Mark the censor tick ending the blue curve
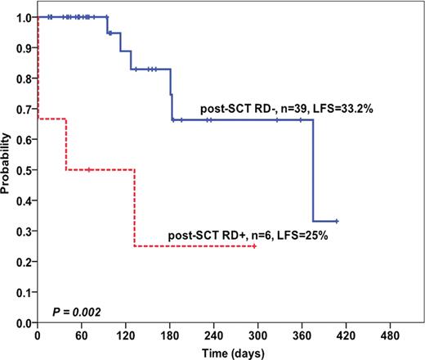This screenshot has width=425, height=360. click(337, 221)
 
